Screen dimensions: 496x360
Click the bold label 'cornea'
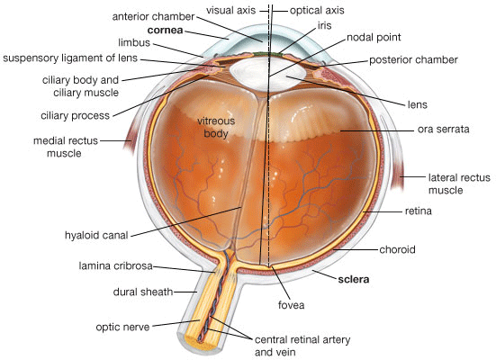[x=165, y=30]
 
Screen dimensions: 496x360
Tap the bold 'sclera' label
[x=354, y=279]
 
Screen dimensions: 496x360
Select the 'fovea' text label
[x=291, y=305]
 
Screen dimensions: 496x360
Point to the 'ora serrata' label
[x=443, y=129]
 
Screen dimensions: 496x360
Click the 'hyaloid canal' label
[x=96, y=236]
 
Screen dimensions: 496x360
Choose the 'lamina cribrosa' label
[x=115, y=265]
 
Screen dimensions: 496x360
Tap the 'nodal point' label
[x=374, y=37]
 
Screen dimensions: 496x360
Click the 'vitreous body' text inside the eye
[x=216, y=127]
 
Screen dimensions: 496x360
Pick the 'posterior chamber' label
[x=413, y=59]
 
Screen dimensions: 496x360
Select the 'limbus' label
[x=134, y=42]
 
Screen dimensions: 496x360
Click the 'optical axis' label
[x=317, y=11]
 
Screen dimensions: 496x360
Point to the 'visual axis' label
[x=231, y=11]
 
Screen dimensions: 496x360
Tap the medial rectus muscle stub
[x=129, y=140]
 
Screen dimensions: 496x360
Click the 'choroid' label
[x=397, y=249]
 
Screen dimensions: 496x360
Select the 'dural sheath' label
[x=143, y=292]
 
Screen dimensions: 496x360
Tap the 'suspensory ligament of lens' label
[x=70, y=58]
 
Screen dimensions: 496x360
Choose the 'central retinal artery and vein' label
[x=302, y=346]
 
